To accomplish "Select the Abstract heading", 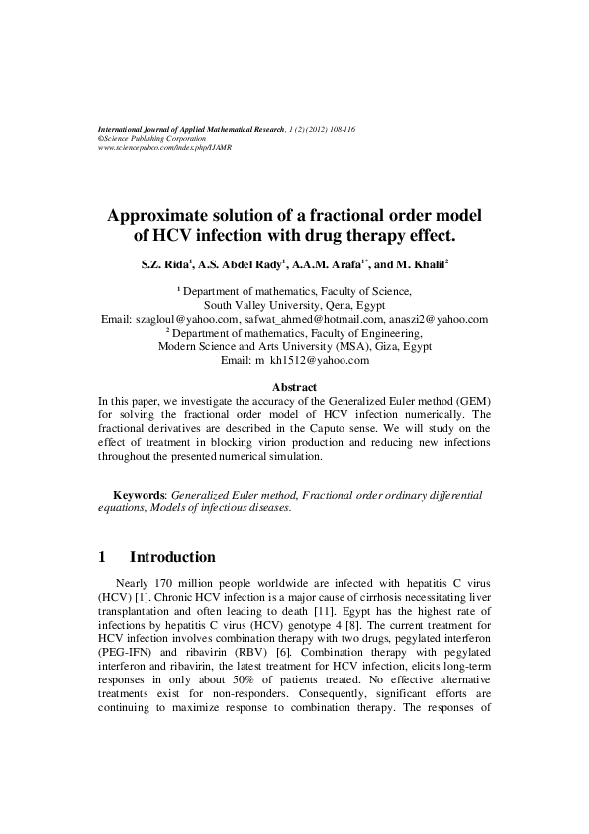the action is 294,386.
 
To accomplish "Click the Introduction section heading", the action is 171,557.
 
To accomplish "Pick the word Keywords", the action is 140,493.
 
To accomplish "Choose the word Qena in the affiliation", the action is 327,306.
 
